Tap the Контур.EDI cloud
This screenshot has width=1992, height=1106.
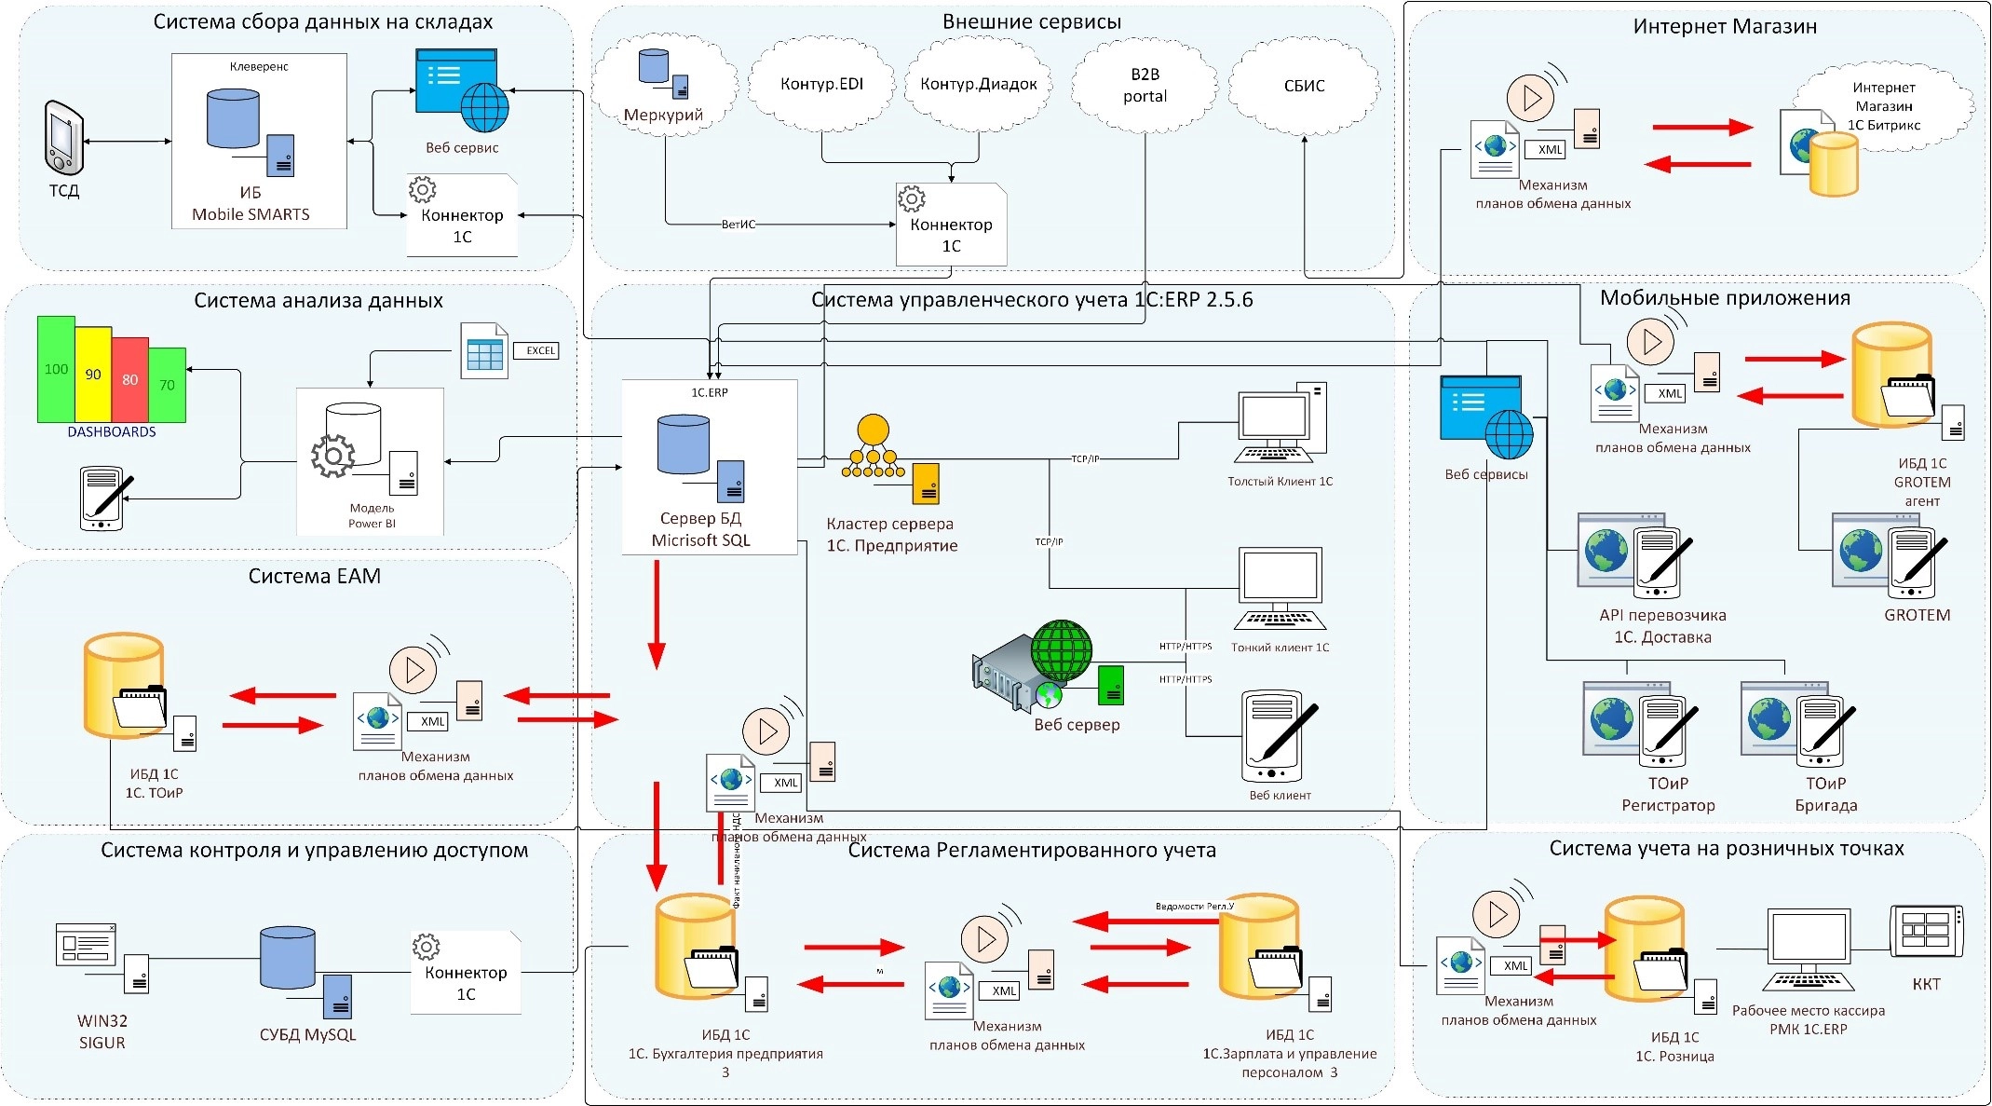click(821, 85)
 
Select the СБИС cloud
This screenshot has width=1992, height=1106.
click(1304, 86)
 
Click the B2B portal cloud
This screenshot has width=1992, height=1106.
click(1145, 86)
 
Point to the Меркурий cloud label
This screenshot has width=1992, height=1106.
click(663, 116)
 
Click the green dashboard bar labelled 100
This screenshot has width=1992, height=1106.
click(56, 369)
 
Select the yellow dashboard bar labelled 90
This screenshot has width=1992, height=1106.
click(93, 375)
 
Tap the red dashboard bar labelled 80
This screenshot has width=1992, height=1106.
click(130, 379)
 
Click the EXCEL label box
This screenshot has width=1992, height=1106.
click(540, 350)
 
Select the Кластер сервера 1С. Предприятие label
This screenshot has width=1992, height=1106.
click(891, 535)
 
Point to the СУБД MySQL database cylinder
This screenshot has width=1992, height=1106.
click(287, 957)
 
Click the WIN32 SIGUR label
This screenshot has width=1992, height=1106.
click(102, 1031)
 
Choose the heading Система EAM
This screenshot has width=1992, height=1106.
click(315, 577)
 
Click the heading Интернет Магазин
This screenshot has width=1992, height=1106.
click(1725, 27)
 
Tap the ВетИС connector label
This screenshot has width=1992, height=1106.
click(739, 225)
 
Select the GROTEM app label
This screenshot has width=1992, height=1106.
click(1917, 615)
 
